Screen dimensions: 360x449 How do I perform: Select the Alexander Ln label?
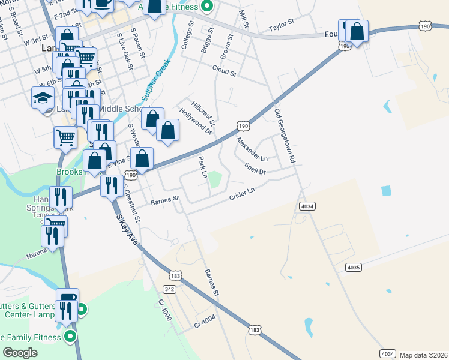point(252,149)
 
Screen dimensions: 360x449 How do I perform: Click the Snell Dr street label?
point(255,167)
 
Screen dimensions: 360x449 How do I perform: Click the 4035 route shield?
point(353,266)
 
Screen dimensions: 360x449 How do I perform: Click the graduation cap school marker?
point(43,97)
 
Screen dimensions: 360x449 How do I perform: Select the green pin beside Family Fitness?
point(70,337)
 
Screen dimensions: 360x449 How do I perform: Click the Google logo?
point(20,353)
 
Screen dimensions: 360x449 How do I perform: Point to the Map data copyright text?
point(424,354)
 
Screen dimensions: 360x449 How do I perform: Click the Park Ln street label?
point(202,167)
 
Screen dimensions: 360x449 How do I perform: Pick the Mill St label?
point(243,22)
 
